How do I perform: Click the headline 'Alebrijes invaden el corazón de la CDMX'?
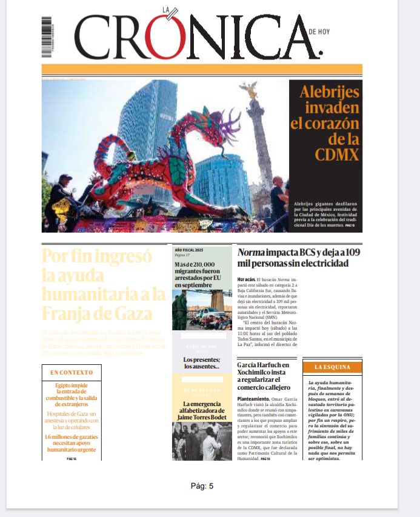(x=325, y=123)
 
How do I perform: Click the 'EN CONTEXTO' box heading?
(x=72, y=372)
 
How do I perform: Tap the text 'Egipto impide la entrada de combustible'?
(x=72, y=394)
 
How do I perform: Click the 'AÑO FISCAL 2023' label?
(x=190, y=250)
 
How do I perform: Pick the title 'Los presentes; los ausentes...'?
(x=202, y=364)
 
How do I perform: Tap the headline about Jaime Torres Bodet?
(x=202, y=411)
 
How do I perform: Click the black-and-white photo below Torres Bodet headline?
(x=202, y=441)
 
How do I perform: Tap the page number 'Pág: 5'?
(x=202, y=485)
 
